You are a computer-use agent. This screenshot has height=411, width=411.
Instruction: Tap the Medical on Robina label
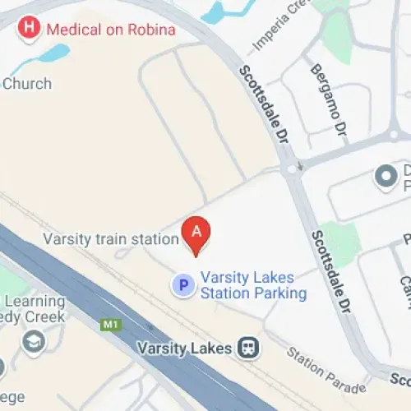[x=111, y=30]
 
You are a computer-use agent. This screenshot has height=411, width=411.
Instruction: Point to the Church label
[x=26, y=83]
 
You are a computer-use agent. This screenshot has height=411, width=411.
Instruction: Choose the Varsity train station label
[x=111, y=239]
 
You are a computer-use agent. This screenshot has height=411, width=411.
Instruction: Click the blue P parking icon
[x=182, y=285]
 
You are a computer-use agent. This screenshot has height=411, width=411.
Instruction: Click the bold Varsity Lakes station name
[x=187, y=347]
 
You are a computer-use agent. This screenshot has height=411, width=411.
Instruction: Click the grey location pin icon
[x=384, y=175]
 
